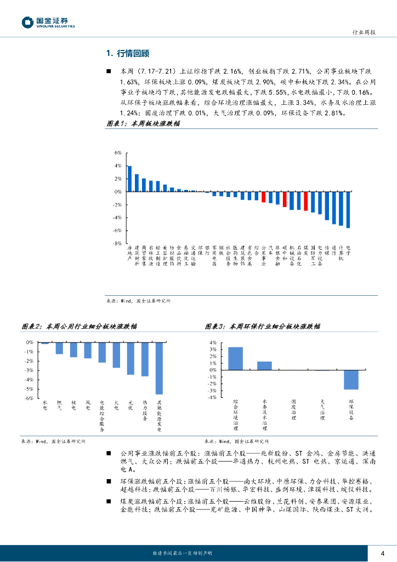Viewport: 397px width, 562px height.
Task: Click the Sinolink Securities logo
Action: pos(49,23)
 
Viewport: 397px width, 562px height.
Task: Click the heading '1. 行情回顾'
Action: pos(127,53)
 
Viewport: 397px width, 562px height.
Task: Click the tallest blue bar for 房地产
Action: pos(129,179)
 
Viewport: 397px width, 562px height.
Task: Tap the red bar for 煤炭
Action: pos(306,201)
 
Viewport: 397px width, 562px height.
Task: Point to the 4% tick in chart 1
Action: pos(117,166)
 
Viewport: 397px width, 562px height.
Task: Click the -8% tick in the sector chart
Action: pos(117,243)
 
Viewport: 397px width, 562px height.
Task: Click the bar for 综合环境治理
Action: pos(236,358)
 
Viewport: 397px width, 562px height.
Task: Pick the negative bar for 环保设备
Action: pos(351,380)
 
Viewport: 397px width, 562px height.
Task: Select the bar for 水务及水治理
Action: pos(264,366)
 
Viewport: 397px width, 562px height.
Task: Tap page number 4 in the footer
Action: pos(383,552)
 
